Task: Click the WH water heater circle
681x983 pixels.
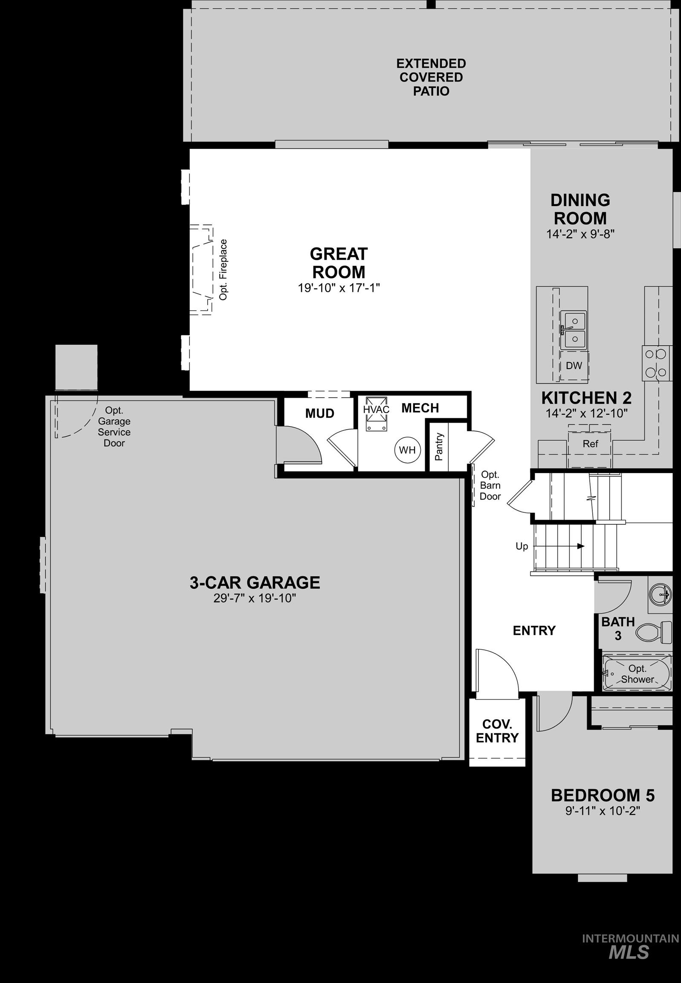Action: (407, 449)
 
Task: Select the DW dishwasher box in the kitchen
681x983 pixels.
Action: (574, 365)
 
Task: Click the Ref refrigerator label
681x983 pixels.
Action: (590, 443)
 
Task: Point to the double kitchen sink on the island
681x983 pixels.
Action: (573, 329)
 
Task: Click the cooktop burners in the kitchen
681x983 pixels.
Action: (655, 363)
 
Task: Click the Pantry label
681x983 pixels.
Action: (439, 447)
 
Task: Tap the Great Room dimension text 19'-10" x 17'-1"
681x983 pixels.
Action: (338, 288)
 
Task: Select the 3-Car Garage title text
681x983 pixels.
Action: (255, 583)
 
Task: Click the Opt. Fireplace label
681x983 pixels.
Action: (223, 269)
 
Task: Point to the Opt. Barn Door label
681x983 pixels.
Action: (490, 485)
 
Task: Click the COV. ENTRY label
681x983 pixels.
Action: (497, 731)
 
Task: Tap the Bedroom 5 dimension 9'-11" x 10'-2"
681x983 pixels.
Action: (603, 811)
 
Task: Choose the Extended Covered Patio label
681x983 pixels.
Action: (431, 77)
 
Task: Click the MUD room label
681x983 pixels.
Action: (319, 413)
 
